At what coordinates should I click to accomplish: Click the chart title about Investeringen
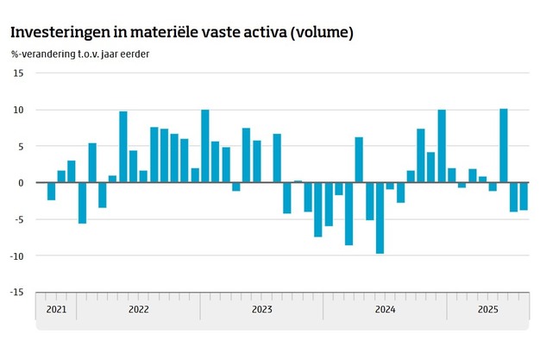pyautogui.click(x=182, y=32)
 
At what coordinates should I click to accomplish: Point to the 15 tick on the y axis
pyautogui.click(x=18, y=73)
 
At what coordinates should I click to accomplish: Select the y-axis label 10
pyautogui.click(x=18, y=110)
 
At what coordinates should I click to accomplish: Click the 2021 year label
pyautogui.click(x=56, y=308)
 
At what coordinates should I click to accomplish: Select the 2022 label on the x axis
pyautogui.click(x=138, y=308)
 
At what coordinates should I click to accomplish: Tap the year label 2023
pyautogui.click(x=261, y=308)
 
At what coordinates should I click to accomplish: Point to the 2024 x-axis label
pyautogui.click(x=385, y=308)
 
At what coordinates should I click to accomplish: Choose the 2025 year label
pyautogui.click(x=487, y=308)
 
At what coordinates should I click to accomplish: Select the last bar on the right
pyautogui.click(x=524, y=196)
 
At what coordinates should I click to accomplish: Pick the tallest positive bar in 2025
pyautogui.click(x=504, y=146)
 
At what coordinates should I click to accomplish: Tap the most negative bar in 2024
pyautogui.click(x=380, y=218)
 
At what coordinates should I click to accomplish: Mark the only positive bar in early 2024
pyautogui.click(x=359, y=160)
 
